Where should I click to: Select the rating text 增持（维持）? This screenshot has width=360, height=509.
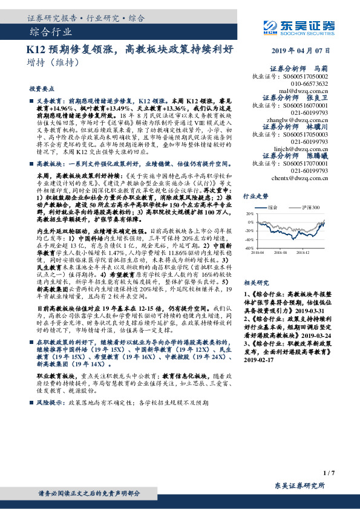pyautogui.click(x=54, y=62)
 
